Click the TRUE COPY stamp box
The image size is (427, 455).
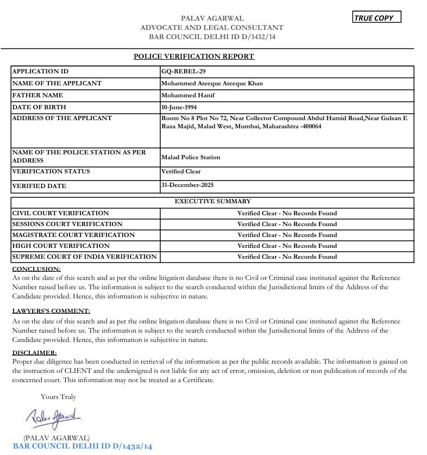376,17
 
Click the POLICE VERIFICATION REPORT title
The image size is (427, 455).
194,57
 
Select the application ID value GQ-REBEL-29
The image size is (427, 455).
184,71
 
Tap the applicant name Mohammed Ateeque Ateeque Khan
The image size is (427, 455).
212,84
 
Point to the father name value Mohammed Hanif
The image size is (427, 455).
188,95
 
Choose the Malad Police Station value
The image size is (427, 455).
191,157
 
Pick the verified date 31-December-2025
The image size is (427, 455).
187,185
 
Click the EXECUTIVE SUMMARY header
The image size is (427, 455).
212,201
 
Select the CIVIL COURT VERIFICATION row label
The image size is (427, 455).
60,213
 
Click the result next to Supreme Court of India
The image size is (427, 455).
287,257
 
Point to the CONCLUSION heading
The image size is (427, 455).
36,269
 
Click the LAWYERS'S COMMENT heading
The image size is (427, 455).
51,311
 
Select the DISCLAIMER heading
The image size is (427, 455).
34,353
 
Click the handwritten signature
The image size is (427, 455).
53,417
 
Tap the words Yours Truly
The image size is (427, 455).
58,397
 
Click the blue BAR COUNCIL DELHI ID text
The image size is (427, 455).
82,446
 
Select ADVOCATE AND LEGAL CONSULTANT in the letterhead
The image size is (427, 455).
212,27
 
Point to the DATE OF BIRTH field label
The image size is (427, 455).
39,107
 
